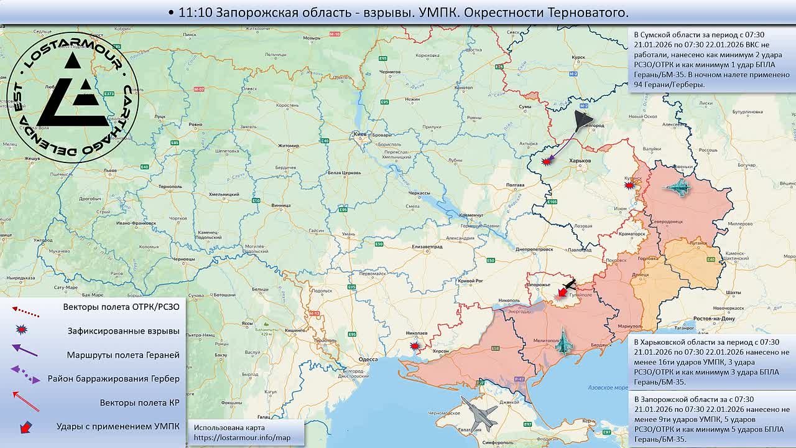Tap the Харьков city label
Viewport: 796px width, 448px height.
[580, 161]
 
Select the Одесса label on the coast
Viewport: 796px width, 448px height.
[368, 359]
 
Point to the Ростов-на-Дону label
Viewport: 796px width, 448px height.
[715, 319]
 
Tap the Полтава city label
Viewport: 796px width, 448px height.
[516, 185]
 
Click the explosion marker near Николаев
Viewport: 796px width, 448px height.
[415, 345]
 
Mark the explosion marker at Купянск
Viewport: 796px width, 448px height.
[629, 185]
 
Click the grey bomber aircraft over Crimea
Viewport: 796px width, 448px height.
[479, 412]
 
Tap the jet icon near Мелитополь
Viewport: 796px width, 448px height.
[563, 342]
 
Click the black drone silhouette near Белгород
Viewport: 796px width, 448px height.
[583, 121]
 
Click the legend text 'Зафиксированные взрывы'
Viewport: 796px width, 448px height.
[123, 331]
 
